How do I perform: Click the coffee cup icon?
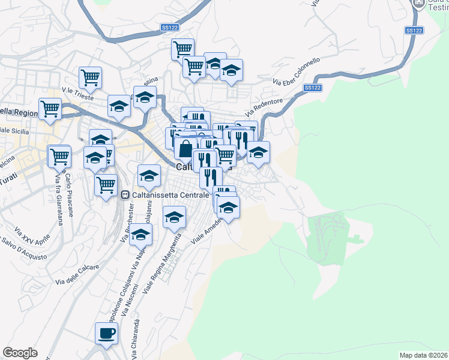point(106,332)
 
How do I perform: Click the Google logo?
point(20,352)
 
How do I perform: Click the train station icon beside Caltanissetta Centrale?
point(125,194)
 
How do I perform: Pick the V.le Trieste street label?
point(75,94)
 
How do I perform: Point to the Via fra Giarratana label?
point(59,197)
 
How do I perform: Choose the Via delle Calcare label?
point(77,274)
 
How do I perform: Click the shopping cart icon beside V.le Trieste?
point(90,76)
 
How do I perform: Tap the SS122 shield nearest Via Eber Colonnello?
point(312,88)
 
